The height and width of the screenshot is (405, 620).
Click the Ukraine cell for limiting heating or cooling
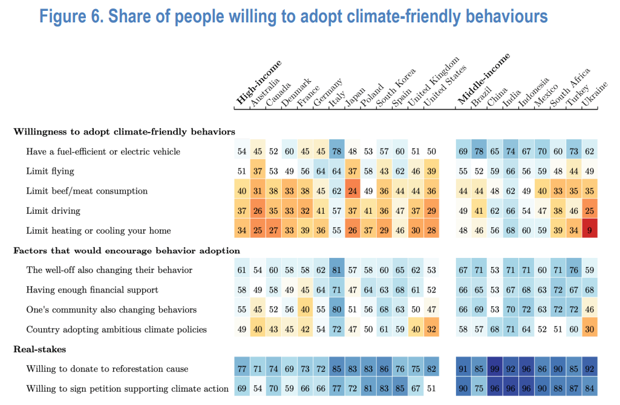pos(589,231)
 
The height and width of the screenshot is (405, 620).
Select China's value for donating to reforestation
pos(494,369)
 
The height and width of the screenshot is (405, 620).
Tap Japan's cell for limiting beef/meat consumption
pos(352,191)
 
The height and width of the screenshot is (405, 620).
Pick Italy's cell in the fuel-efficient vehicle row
pos(336,151)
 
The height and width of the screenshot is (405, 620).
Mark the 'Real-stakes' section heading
pos(37,349)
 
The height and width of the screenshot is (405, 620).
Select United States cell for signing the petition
pos(431,389)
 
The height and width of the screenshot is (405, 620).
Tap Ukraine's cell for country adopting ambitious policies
pos(589,329)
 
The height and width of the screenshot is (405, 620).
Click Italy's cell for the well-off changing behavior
pos(336,270)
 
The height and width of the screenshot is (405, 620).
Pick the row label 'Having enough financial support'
pos(92,290)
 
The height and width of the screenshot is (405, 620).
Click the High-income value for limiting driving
pos(242,211)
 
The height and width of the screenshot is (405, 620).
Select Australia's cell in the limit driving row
pos(258,211)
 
